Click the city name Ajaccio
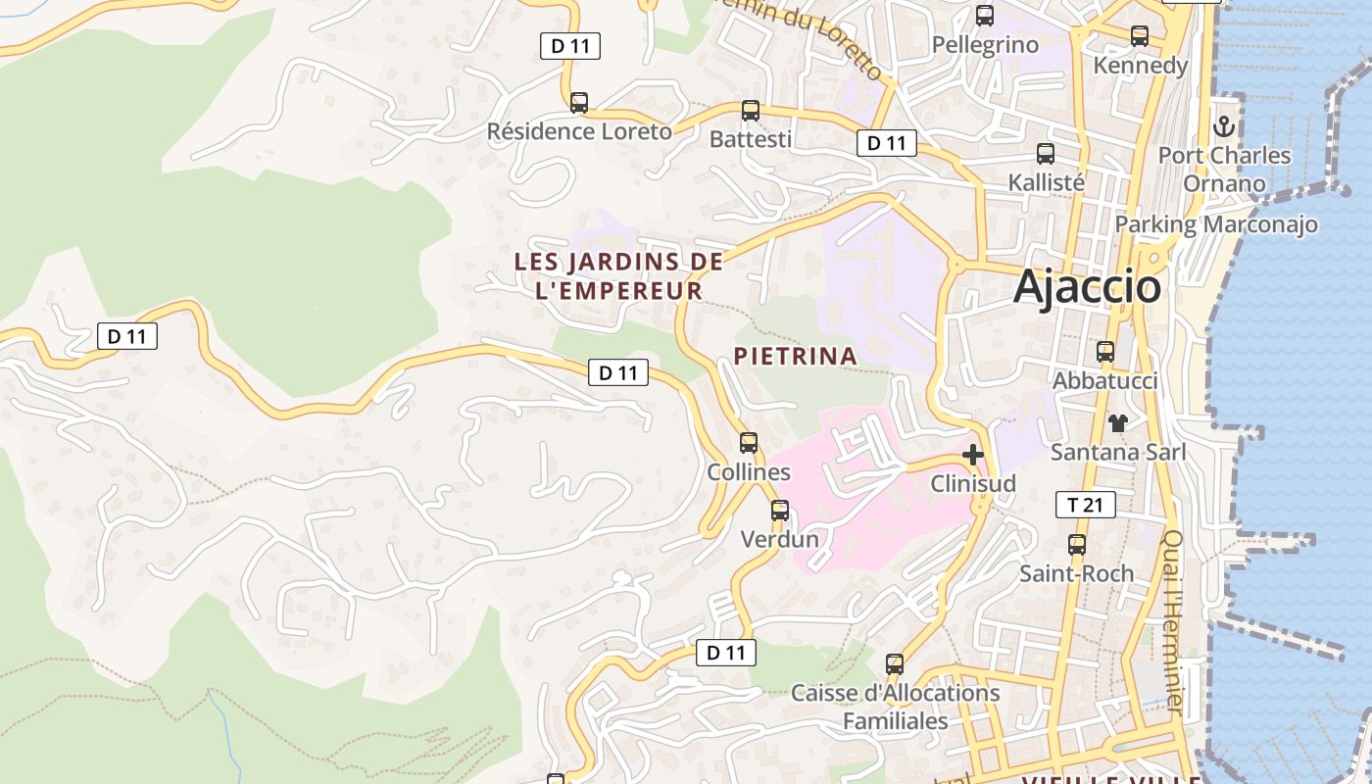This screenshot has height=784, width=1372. point(1087,287)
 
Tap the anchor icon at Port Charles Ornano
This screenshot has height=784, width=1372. point(1223,126)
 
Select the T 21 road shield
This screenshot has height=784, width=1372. point(1085,506)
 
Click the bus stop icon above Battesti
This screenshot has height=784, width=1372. point(750,111)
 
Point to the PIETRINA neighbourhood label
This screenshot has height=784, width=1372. point(795,356)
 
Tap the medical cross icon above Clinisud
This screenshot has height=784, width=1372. point(972,455)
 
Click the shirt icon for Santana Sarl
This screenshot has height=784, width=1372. point(1117,423)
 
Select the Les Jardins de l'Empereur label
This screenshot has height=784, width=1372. point(618,276)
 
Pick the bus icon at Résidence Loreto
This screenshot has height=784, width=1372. point(578,103)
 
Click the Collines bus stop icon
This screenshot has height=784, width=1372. point(748,443)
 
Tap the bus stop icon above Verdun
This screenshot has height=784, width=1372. point(779,511)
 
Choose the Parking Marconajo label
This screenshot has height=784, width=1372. point(1215,224)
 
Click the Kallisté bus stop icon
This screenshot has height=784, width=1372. point(1045,154)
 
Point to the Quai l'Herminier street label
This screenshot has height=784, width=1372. point(1175,621)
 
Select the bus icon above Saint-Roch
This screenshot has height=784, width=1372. point(1076,545)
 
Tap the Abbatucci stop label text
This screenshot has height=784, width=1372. point(1104,381)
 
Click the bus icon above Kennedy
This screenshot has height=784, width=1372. point(1139,36)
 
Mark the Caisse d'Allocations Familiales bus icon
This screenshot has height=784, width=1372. point(894,664)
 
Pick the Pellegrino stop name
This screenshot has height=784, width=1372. point(984,45)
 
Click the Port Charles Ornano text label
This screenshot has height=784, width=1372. point(1224,170)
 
